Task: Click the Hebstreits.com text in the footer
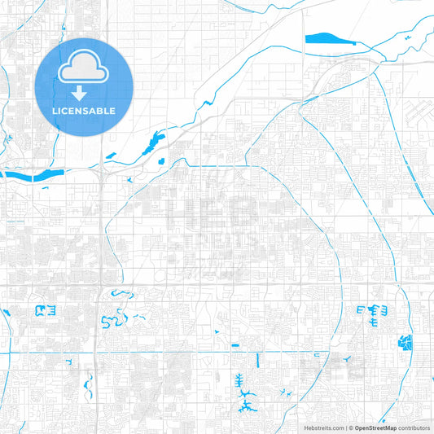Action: pyautogui.click(x=327, y=427)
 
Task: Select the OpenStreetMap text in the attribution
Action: pyautogui.click(x=375, y=427)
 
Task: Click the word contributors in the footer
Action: pyautogui.click(x=414, y=427)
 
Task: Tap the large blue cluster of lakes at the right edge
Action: pyautogui.click(x=404, y=343)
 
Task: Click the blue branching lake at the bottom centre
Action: pyautogui.click(x=243, y=399)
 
